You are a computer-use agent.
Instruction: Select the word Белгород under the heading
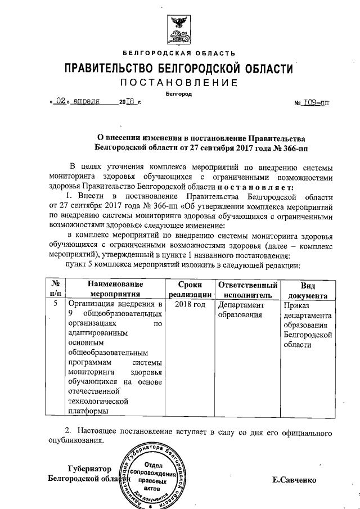(179, 94)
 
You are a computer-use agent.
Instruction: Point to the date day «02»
(62, 102)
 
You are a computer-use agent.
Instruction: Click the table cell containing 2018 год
(190, 304)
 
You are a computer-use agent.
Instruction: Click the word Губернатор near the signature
(89, 468)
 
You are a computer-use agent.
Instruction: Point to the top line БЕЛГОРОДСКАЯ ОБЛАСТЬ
(180, 53)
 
